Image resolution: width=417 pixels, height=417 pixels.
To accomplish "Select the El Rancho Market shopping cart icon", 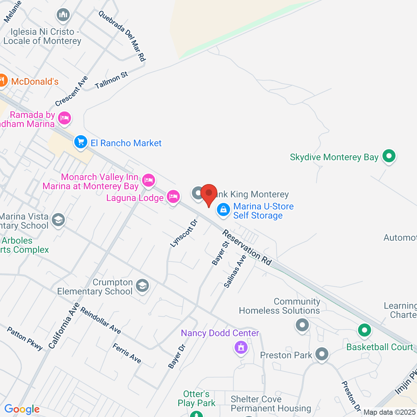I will point(81,142).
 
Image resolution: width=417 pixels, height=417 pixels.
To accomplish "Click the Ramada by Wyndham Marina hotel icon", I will point(64,118).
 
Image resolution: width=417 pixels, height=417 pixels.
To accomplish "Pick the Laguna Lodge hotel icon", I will point(173,197).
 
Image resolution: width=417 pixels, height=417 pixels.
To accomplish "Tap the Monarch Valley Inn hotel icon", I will point(148,180).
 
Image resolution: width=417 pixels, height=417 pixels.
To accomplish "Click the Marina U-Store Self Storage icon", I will point(223,210).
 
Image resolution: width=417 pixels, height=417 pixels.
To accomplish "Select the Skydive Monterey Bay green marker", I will point(389,156).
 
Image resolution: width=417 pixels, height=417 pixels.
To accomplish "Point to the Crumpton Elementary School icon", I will point(142,286).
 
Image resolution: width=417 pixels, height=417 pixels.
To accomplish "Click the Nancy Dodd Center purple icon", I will point(241,347).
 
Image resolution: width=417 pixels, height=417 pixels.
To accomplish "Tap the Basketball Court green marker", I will point(364,330).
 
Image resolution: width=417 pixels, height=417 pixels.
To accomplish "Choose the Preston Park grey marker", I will point(322,354).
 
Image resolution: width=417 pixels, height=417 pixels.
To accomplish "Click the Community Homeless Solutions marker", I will point(302,325).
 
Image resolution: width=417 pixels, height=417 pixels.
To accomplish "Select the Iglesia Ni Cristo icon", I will point(63,15).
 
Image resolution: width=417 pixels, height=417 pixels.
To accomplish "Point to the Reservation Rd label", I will point(247,247).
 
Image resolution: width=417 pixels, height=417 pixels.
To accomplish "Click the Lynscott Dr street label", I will point(184,233).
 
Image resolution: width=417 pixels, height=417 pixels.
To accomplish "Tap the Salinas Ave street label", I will point(235,271).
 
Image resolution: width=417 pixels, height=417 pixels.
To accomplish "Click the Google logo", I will point(22,409).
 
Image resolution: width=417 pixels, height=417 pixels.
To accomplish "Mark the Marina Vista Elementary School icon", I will point(58,220).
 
